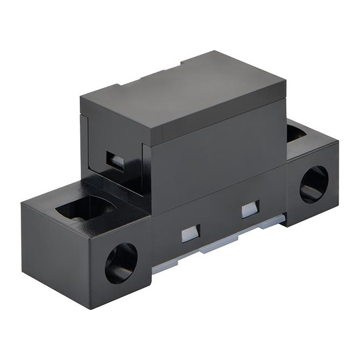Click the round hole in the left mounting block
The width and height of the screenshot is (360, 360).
pyautogui.click(x=120, y=263)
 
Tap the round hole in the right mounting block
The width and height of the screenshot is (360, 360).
pyautogui.click(x=314, y=184)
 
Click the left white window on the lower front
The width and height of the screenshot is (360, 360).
pyautogui.click(x=190, y=233)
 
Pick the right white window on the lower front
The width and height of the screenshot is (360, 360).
pyautogui.click(x=249, y=210)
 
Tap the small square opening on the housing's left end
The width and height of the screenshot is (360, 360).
pyautogui.click(x=116, y=160)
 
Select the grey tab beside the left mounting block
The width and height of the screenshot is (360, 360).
pyautogui.click(x=160, y=268)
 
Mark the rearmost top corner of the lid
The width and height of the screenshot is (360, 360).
pyautogui.click(x=217, y=52)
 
